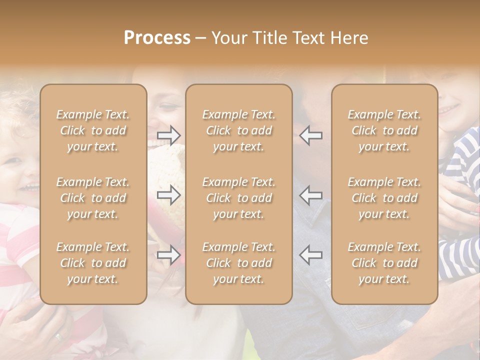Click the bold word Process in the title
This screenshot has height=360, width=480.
tap(157, 38)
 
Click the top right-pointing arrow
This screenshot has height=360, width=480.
tap(169, 135)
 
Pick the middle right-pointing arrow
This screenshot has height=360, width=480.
tap(169, 195)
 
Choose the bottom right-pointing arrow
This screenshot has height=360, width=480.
tap(169, 255)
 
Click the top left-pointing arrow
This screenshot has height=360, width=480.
tap(310, 135)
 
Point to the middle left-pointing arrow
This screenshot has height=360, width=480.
tap(310, 195)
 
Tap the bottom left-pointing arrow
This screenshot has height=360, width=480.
tap(310, 255)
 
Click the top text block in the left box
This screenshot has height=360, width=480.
tap(93, 130)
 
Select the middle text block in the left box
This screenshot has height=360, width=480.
tap(93, 198)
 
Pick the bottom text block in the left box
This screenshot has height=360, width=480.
tap(93, 263)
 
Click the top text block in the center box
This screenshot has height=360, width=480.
tap(238, 130)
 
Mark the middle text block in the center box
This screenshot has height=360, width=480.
tap(238, 198)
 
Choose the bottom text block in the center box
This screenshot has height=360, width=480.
tap(238, 263)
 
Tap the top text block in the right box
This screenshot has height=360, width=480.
tap(384, 130)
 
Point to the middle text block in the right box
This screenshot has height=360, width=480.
tap(384, 198)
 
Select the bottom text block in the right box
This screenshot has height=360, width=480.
tap(384, 263)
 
